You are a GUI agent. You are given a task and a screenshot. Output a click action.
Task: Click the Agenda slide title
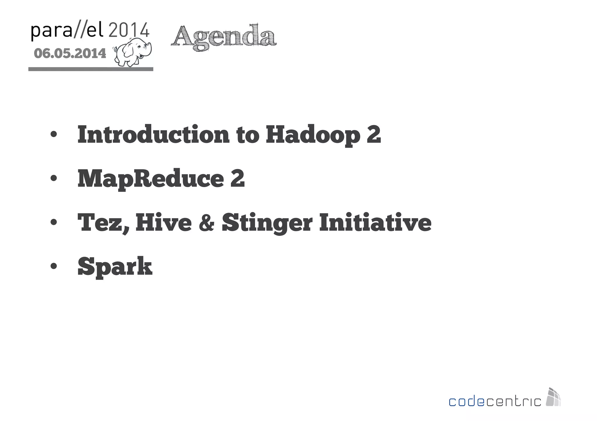(x=224, y=37)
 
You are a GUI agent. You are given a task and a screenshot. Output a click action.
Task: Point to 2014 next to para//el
(x=129, y=30)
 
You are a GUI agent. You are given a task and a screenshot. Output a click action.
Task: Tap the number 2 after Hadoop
(x=373, y=134)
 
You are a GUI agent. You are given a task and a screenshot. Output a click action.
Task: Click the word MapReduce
(x=150, y=179)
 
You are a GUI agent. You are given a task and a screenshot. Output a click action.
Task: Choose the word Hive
(x=163, y=222)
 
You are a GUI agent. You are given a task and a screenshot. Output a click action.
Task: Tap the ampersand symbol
(x=207, y=223)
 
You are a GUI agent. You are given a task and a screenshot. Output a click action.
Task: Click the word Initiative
(x=375, y=222)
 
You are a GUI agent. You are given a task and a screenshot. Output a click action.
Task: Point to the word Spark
(x=115, y=267)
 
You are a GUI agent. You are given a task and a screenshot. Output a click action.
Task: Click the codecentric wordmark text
(x=495, y=401)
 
